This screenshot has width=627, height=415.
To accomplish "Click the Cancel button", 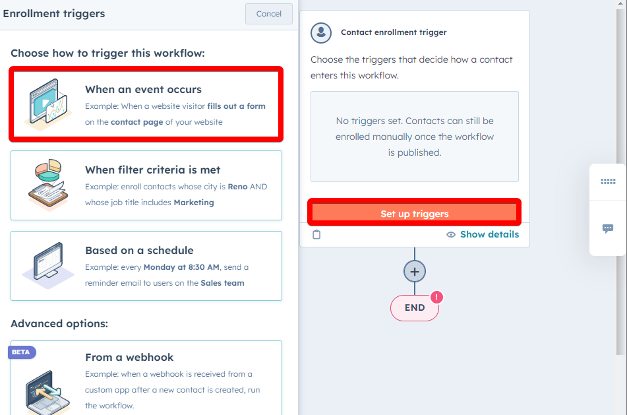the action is click(x=269, y=14).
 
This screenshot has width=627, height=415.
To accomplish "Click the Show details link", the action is click(x=489, y=234).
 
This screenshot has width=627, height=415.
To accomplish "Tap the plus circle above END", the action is click(x=415, y=272).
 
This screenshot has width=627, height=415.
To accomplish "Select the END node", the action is click(x=415, y=307).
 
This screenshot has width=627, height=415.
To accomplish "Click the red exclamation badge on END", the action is click(x=436, y=298).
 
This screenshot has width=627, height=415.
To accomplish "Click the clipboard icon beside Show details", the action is click(x=316, y=234).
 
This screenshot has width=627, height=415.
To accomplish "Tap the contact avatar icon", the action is click(x=321, y=32).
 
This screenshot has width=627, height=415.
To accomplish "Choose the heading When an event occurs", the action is click(x=143, y=89).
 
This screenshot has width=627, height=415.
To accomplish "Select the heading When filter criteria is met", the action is click(x=152, y=170).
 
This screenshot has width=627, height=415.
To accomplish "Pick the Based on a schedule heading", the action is click(x=139, y=250).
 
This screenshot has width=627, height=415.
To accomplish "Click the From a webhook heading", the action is click(x=129, y=357).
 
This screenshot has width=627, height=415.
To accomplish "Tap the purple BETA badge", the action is click(x=22, y=352).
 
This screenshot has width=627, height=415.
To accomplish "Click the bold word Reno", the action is click(x=237, y=187).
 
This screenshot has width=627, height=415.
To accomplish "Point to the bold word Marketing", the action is click(x=194, y=203).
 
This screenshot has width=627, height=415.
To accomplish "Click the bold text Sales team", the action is click(x=222, y=283).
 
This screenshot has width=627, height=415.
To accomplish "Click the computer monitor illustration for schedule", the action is click(x=48, y=265).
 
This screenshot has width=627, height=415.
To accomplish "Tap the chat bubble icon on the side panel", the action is click(x=608, y=228).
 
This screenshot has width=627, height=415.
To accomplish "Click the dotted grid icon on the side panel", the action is click(x=608, y=181).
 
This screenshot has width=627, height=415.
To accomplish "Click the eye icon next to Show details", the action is click(x=451, y=234).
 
